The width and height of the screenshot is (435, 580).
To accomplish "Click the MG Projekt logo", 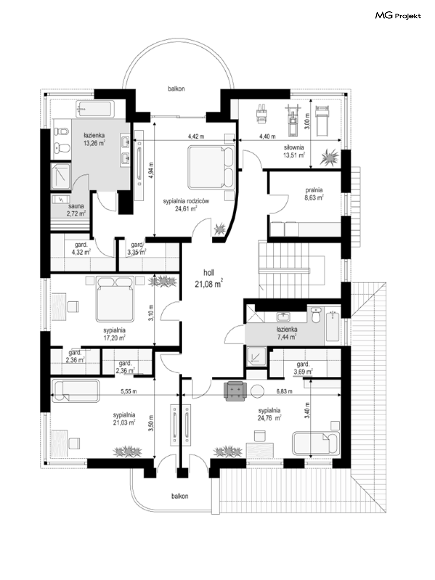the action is (398, 16).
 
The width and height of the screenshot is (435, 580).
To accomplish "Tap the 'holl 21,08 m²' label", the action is (209, 278).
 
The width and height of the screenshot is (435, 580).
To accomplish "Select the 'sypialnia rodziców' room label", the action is (186, 201).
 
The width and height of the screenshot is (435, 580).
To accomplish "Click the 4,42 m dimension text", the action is (196, 136).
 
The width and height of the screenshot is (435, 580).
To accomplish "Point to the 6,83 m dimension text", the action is (284, 391).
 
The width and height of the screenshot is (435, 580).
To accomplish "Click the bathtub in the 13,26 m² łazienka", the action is (95, 108).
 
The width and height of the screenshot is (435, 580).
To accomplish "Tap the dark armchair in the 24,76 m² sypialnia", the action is (235, 391).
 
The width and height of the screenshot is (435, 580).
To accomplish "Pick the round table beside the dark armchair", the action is (257, 391).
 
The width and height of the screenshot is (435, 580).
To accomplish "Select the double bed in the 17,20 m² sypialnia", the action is (115, 299).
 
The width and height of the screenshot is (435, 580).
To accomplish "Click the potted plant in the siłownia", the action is (329, 157).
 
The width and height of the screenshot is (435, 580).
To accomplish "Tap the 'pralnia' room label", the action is (314, 190).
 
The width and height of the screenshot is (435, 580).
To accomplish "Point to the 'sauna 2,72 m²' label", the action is (76, 210).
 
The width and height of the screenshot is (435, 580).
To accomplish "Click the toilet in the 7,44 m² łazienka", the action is (316, 315).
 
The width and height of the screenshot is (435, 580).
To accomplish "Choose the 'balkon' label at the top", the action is (176, 89).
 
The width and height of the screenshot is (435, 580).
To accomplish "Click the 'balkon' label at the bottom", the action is (180, 496).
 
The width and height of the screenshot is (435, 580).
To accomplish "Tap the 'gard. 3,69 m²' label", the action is (303, 368).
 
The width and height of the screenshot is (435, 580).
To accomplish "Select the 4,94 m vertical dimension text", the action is (151, 170).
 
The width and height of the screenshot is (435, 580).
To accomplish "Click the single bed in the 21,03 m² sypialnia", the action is (76, 391).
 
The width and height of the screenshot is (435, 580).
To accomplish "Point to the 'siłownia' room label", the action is (294, 147).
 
